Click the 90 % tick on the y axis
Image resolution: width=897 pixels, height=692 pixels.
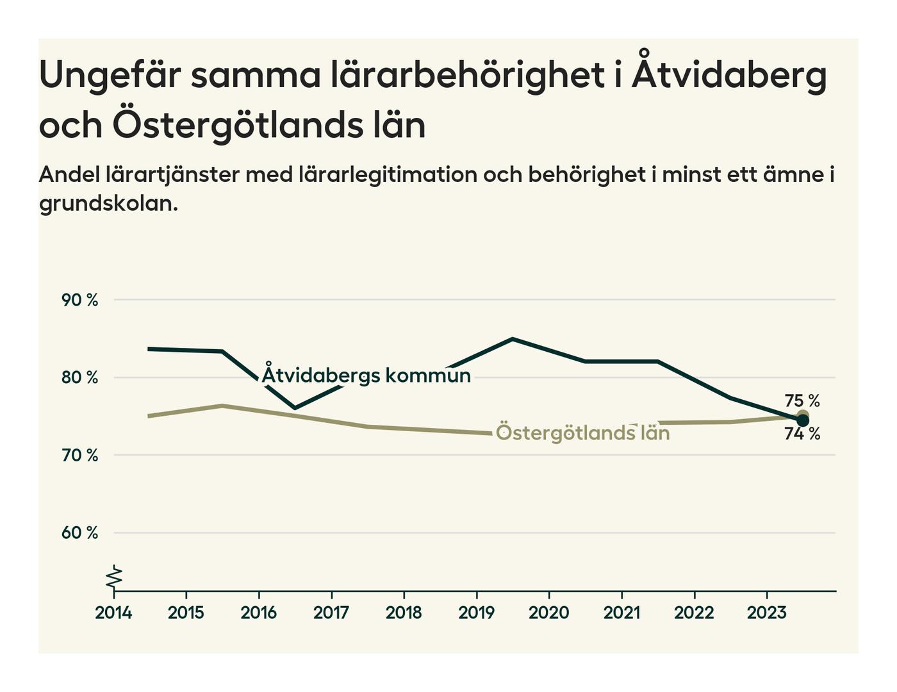pyautogui.click(x=79, y=300)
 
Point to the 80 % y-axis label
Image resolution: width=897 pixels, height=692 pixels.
pyautogui.click(x=79, y=377)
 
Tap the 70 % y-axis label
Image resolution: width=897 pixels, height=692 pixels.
pyautogui.click(x=79, y=456)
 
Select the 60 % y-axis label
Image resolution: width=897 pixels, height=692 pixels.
pyautogui.click(x=79, y=533)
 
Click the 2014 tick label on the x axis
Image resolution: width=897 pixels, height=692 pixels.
pyautogui.click(x=113, y=613)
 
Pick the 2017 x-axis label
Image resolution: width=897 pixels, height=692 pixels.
pyautogui.click(x=331, y=613)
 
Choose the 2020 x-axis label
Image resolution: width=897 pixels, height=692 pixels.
pyautogui.click(x=548, y=613)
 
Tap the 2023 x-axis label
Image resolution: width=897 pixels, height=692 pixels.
pyautogui.click(x=766, y=613)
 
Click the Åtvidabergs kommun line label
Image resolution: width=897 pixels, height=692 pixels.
pyautogui.click(x=366, y=375)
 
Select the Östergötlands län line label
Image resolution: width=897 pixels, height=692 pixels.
pyautogui.click(x=582, y=433)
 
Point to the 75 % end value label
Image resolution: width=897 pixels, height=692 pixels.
pyautogui.click(x=802, y=401)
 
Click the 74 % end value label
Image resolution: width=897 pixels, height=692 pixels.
pyautogui.click(x=802, y=434)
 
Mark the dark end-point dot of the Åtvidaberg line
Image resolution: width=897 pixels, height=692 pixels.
pyautogui.click(x=803, y=420)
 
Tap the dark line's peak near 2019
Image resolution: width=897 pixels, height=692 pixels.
pyautogui.click(x=513, y=338)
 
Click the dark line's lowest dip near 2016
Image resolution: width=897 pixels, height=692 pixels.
pyautogui.click(x=295, y=408)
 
